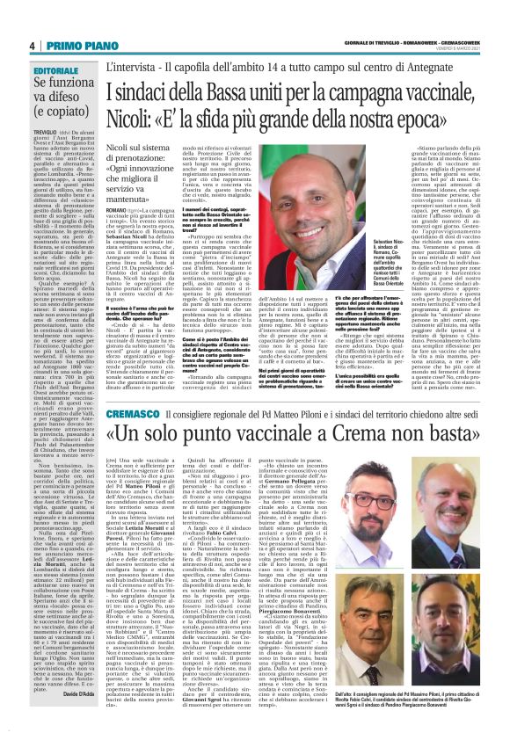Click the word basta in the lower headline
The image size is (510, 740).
tap(454, 438)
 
